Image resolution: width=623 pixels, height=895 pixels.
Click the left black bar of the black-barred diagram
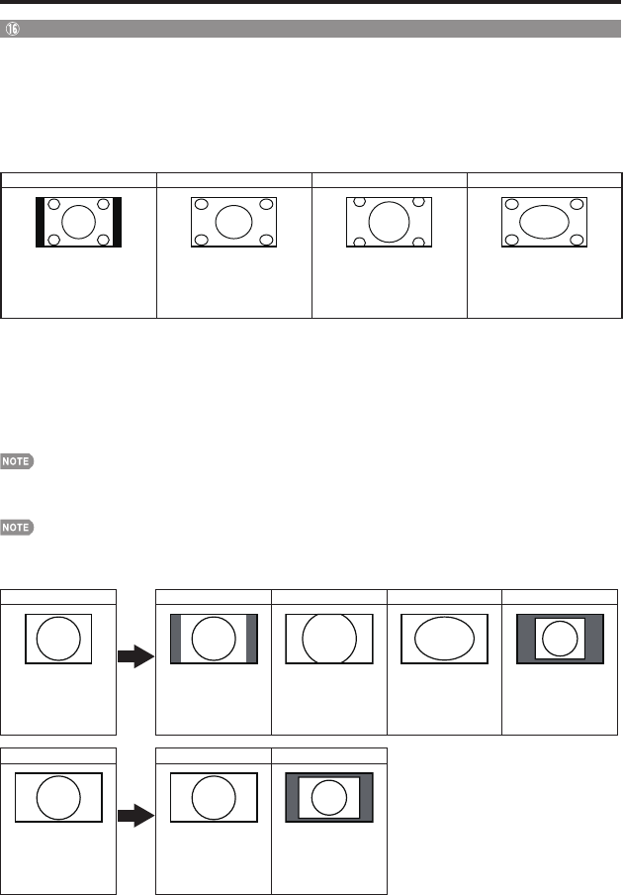(x=41, y=221)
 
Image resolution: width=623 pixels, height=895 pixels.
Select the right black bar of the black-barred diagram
(x=117, y=221)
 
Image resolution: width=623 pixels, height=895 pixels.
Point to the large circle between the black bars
(x=78, y=221)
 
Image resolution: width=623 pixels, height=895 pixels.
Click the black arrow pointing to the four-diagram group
(x=136, y=655)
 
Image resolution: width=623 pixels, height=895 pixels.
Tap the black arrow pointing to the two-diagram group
(x=136, y=816)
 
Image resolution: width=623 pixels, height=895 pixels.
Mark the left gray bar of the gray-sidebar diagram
(x=176, y=639)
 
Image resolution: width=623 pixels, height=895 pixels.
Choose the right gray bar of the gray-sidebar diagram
(x=252, y=639)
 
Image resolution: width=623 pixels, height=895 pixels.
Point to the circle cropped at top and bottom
(x=328, y=639)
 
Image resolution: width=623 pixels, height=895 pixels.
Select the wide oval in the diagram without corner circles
(x=444, y=639)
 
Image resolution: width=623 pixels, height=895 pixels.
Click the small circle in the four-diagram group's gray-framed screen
(x=560, y=640)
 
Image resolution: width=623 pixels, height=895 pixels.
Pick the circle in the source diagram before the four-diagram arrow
(x=58, y=639)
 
